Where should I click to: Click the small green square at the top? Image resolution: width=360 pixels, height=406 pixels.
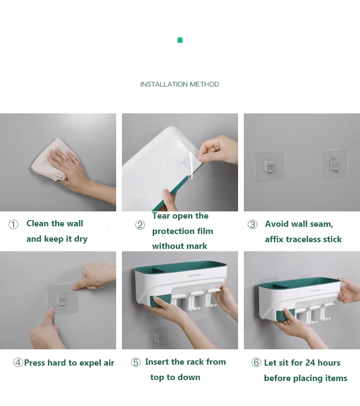180,40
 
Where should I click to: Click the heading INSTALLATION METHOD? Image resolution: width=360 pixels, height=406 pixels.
180,85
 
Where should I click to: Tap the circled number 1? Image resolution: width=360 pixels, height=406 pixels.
13,224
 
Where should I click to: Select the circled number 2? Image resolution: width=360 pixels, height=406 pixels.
140,225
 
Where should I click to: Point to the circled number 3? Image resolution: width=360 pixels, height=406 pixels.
252,224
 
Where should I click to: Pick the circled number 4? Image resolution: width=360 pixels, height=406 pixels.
18,362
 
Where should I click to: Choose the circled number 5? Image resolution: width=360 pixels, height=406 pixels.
136,362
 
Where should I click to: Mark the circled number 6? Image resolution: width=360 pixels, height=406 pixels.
256,362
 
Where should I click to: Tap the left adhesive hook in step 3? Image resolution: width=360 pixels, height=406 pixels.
270,166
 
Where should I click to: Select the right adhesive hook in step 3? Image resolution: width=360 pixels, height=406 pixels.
335,164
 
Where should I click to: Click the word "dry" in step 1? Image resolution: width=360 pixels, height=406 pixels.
81,239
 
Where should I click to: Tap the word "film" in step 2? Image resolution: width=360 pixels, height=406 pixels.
204,231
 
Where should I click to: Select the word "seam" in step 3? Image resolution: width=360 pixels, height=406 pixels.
322,224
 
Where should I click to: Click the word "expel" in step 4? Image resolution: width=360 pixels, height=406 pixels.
90,363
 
